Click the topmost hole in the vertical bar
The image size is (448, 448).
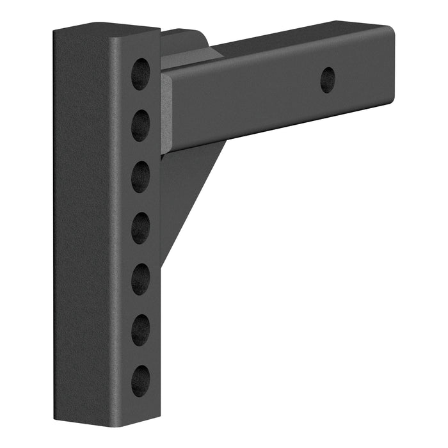(x=141, y=74)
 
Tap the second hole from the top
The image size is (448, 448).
(x=141, y=125)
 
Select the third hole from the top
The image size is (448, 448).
(x=141, y=177)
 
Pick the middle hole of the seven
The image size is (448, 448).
(x=141, y=228)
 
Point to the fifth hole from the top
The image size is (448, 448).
(x=141, y=279)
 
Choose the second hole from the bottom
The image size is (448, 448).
(x=141, y=330)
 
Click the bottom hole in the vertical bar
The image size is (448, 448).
(x=141, y=381)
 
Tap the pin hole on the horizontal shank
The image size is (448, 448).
(x=328, y=80)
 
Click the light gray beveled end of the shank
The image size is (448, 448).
(x=165, y=112)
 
